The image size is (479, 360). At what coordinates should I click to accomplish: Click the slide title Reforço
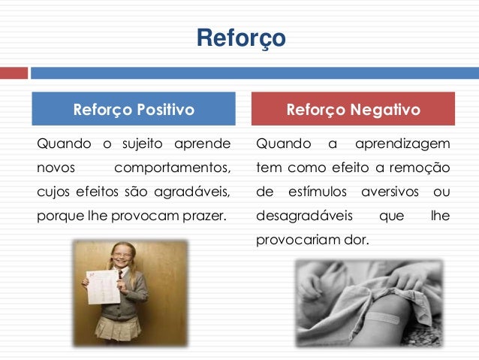(x=240, y=38)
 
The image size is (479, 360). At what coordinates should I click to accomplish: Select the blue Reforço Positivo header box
(x=133, y=110)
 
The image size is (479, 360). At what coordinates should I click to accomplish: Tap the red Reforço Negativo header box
(x=353, y=110)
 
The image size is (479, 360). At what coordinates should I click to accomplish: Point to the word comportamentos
(x=173, y=168)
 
